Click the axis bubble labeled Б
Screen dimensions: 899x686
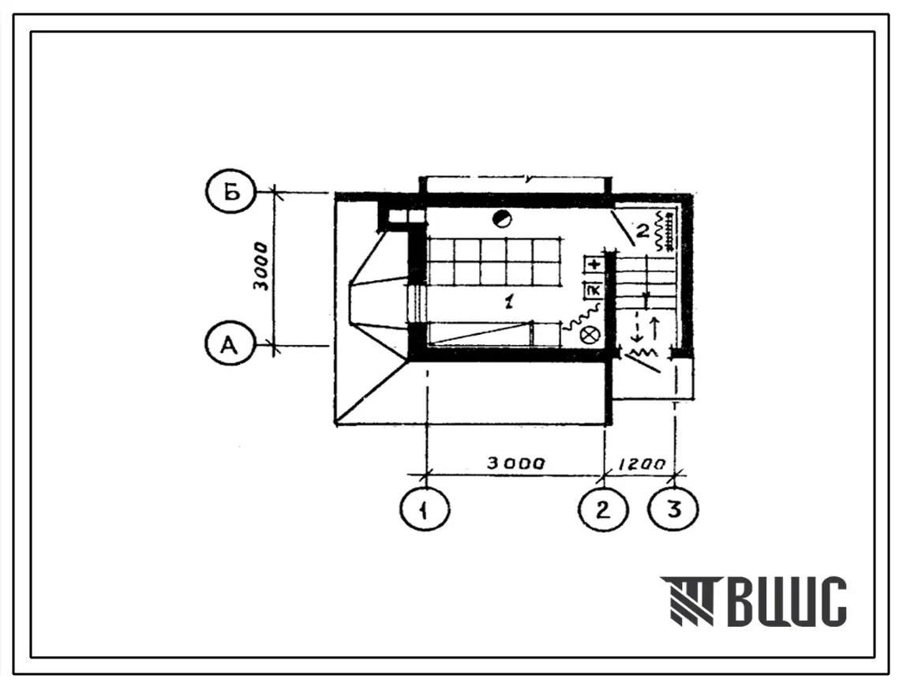click(230, 193)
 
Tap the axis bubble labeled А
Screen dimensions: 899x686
click(230, 345)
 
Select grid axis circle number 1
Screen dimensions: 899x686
click(425, 509)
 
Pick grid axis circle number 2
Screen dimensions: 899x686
click(603, 509)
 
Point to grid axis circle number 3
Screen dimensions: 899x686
click(674, 509)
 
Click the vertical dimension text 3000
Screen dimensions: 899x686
click(262, 267)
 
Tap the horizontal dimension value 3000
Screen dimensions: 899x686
click(516, 463)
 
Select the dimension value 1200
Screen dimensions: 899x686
click(642, 463)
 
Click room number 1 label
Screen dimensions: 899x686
click(509, 300)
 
